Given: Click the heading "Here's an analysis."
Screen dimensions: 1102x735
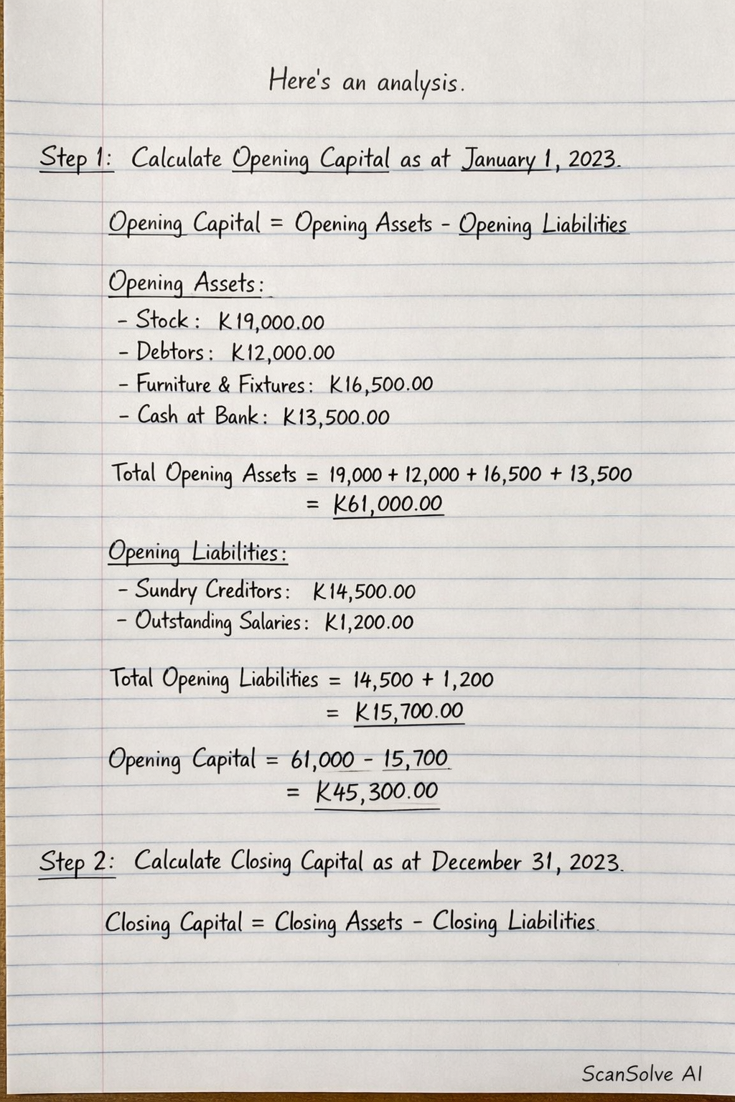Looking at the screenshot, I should point(367,81).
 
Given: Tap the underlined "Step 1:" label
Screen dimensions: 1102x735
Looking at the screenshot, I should point(75,157).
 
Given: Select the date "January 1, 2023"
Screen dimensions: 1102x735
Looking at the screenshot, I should point(540,159).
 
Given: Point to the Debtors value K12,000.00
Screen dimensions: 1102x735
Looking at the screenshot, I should point(283,353).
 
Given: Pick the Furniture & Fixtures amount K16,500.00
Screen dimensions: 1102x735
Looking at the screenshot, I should point(381,385).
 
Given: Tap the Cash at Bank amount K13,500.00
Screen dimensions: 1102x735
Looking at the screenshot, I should point(336,417).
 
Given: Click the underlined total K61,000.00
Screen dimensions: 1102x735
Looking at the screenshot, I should point(388,504).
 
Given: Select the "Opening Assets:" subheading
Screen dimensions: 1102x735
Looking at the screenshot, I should point(186,284).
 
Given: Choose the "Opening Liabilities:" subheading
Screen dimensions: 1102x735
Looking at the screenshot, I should point(197,553).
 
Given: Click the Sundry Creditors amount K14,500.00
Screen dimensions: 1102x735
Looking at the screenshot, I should point(364,592).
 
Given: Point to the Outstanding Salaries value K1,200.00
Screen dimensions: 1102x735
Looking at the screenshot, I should point(369,622).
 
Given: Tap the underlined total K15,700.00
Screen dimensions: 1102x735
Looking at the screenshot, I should point(409,712).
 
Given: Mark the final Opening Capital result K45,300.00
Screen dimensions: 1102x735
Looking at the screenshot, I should point(377,791).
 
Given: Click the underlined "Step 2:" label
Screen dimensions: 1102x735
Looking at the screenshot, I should point(76,861).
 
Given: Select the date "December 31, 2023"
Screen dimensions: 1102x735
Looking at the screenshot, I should point(526,861).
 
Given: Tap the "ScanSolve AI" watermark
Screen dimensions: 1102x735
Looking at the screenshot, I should point(641,1073).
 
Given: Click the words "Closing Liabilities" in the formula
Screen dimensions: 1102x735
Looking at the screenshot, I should point(514,921).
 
